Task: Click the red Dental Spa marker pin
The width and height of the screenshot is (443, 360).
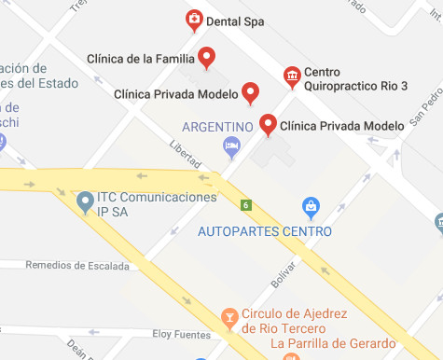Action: (193, 19)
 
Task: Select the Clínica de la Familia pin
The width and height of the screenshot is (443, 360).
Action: (208, 58)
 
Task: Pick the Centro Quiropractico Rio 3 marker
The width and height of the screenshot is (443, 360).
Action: (293, 75)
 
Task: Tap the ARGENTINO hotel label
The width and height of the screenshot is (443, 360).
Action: (218, 127)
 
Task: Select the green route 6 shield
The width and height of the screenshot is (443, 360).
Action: (245, 205)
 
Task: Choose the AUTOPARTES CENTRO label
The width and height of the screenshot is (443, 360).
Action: (265, 231)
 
